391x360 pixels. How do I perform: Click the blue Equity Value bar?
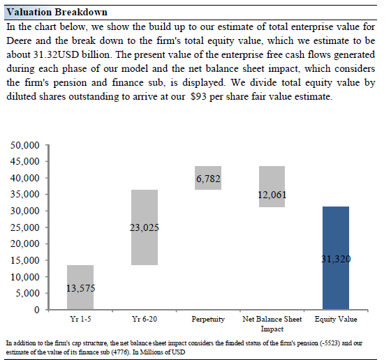tap(336, 258)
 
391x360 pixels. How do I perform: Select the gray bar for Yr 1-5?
tap(80, 287)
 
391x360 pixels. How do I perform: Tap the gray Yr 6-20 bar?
tap(145, 227)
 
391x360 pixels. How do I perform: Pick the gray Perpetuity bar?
tap(208, 178)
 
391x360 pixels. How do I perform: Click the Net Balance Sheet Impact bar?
tap(272, 186)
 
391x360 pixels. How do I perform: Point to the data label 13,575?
tap(80, 288)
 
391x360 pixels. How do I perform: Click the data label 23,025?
tap(144, 227)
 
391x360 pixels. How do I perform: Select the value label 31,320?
tap(336, 259)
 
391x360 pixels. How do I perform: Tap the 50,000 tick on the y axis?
tap(24, 145)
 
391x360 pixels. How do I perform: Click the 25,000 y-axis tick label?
tap(24, 227)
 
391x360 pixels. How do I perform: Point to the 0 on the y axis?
tap(36, 310)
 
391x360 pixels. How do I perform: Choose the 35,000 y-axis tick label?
tap(24, 195)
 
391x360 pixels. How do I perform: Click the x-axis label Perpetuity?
tap(208, 319)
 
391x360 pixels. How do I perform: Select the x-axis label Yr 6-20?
tap(145, 319)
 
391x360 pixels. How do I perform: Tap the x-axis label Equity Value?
tap(336, 319)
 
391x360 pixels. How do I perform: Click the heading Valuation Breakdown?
tap(57, 12)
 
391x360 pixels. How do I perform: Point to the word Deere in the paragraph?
tap(19, 40)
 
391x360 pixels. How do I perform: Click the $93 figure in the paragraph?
tap(198, 96)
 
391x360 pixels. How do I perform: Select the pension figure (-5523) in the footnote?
tap(330, 343)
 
